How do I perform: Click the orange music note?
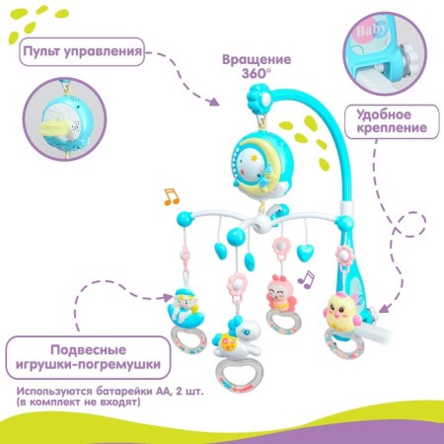click(x=172, y=197)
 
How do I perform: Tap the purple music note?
click(x=306, y=280)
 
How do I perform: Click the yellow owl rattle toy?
click(x=340, y=313)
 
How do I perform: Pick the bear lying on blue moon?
click(x=185, y=309)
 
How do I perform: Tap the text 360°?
click(x=257, y=74)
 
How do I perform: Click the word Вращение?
click(x=257, y=59)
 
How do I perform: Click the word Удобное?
click(x=384, y=114)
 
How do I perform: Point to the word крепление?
click(x=392, y=128)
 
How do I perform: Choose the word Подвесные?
click(x=88, y=350)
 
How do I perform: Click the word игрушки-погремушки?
click(x=89, y=364)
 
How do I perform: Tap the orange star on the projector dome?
click(x=254, y=158)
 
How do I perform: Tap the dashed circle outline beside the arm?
click(x=411, y=225)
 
